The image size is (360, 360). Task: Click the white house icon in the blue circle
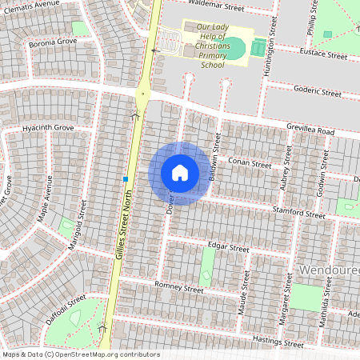(x=180, y=173)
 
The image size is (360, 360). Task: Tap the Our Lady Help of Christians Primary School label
(x=212, y=46)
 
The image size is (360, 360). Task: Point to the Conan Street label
(x=250, y=163)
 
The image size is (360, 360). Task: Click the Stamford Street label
(x=298, y=214)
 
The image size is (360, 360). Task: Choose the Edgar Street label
(x=228, y=248)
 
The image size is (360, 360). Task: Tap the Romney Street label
(x=179, y=287)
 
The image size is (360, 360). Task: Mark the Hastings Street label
(x=278, y=342)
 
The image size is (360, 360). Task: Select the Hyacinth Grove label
(x=47, y=127)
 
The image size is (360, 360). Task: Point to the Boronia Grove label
(x=51, y=41)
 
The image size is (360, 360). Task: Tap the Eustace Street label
(x=323, y=56)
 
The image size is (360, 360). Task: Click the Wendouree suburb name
(x=328, y=271)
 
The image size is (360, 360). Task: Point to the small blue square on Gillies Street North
(x=126, y=178)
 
